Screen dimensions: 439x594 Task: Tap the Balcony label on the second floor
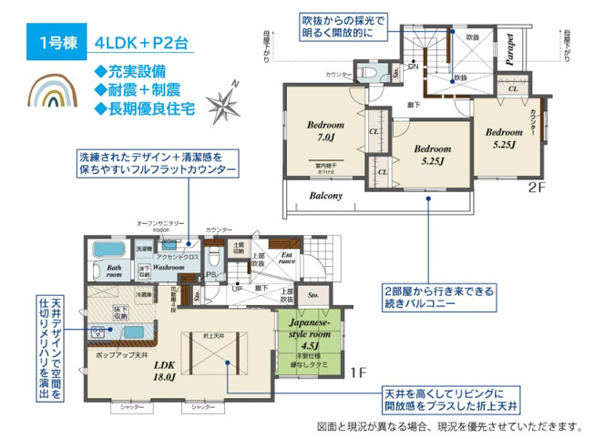point(325,196)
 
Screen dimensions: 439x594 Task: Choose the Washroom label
point(169,269)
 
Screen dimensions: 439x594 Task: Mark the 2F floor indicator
point(535,191)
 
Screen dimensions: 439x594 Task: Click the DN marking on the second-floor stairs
point(412,66)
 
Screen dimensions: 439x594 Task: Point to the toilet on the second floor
point(371,70)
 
